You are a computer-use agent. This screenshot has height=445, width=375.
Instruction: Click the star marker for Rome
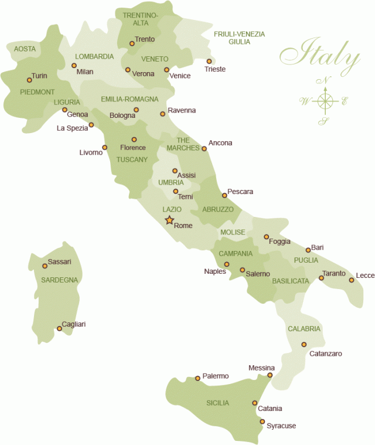click(169, 220)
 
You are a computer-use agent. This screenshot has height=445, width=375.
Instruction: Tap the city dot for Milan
click(74, 65)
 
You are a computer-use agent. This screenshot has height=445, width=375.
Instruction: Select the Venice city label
click(180, 76)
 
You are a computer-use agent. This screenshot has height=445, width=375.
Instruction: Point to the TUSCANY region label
click(132, 159)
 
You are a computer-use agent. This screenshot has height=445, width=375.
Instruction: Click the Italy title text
click(319, 56)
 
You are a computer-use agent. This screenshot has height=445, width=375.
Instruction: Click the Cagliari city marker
click(59, 328)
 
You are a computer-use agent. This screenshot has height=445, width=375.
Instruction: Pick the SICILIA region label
click(217, 403)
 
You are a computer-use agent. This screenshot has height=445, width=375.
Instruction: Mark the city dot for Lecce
click(352, 280)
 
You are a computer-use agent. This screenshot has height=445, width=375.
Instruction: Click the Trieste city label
click(215, 69)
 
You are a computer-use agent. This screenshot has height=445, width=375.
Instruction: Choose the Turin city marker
click(29, 80)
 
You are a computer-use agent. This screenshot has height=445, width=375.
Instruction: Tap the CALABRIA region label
click(304, 329)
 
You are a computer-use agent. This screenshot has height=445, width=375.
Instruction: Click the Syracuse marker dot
click(262, 422)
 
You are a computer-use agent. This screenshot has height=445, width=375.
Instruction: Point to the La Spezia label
click(72, 128)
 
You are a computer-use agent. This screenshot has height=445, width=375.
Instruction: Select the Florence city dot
click(134, 140)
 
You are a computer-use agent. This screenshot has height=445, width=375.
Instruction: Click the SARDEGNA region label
click(59, 280)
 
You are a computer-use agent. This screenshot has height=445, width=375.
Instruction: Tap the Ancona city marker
click(204, 148)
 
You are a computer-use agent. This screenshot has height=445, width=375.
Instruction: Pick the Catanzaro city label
click(325, 354)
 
